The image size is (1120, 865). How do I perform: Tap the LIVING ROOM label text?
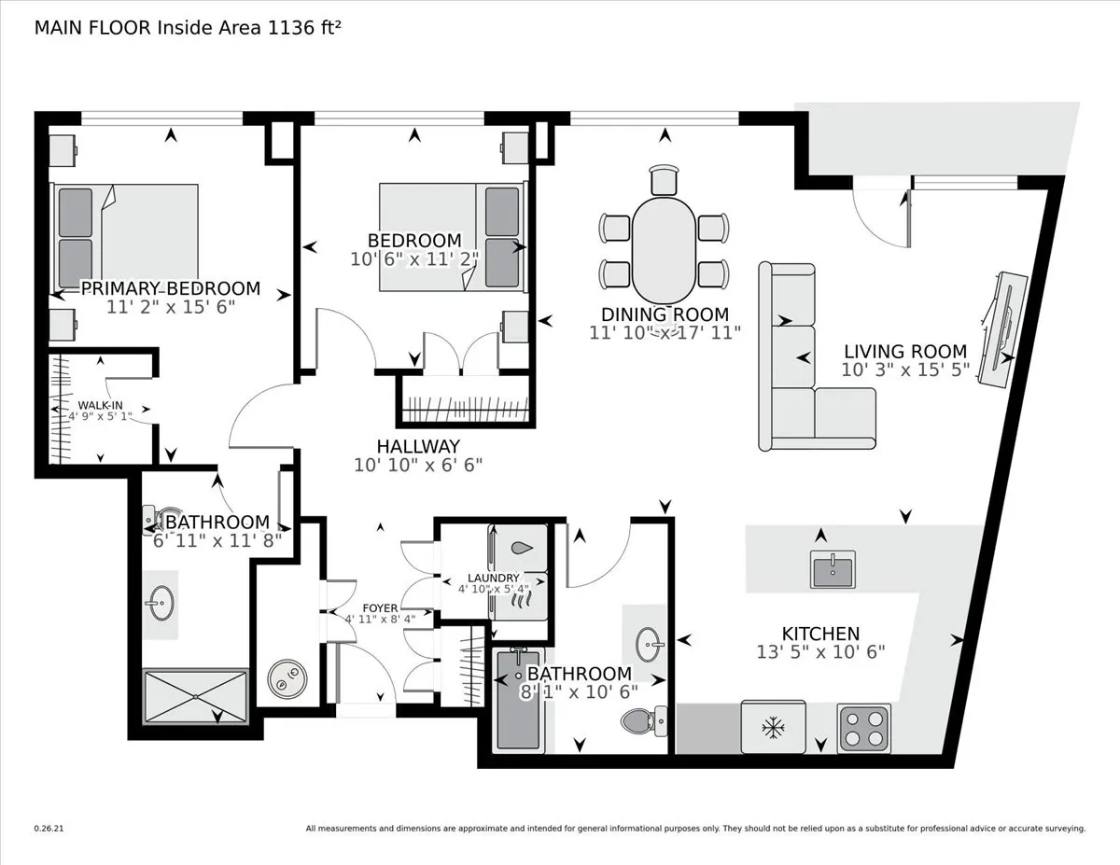pos(904,352)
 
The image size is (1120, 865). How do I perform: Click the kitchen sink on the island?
pos(833,569)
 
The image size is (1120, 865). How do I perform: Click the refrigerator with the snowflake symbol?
pos(772,727)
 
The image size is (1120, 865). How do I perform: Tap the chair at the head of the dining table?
pos(664,178)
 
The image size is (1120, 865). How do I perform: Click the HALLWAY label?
pos(418,446)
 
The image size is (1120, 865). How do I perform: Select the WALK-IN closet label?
pos(99,404)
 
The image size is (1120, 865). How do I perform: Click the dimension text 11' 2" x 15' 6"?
pos(170,306)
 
